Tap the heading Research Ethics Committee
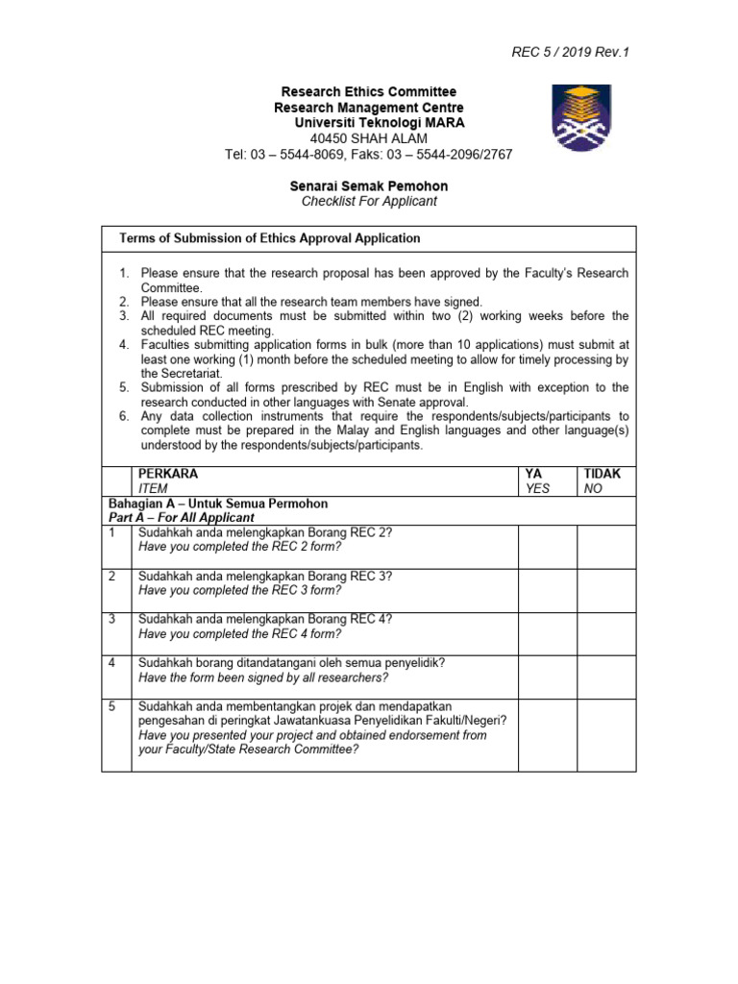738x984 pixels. tap(369, 92)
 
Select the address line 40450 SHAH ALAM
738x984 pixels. tap(369, 138)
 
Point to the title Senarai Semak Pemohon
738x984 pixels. tap(369, 185)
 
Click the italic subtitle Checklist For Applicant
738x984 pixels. tap(369, 201)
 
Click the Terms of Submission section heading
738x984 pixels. tap(269, 238)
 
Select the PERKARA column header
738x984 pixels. tap(168, 474)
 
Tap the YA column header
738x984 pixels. tap(533, 474)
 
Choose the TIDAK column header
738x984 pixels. tap(603, 474)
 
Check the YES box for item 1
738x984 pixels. tap(547, 546)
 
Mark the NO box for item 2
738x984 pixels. tap(606, 589)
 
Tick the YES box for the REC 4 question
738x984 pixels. tap(547, 633)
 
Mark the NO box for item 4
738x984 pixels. tap(606, 676)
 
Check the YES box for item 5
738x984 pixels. tap(547, 734)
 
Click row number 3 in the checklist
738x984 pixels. tap(112, 619)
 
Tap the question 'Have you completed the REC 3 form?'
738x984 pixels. tap(239, 590)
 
